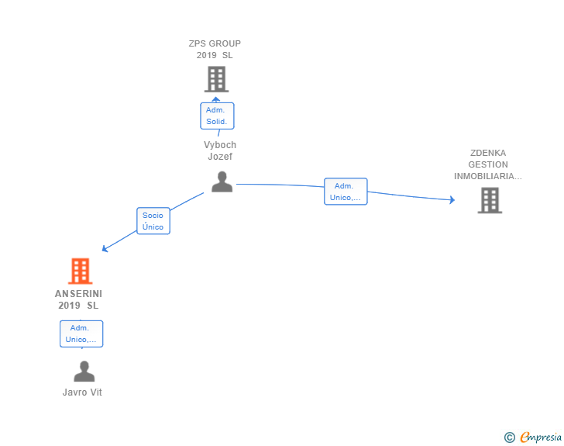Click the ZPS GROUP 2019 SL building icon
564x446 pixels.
216,79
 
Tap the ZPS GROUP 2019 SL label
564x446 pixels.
215,50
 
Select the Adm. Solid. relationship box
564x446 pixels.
216,116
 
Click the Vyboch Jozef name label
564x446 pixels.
220,150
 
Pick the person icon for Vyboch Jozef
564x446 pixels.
222,182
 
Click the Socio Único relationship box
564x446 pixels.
153,221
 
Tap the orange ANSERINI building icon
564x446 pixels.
80,271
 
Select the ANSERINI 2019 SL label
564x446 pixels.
78,299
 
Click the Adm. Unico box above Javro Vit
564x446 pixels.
81,334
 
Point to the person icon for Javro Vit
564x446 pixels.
84,372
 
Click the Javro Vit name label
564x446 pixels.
82,392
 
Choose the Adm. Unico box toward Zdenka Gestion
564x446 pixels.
346,192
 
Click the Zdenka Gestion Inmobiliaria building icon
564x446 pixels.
489,200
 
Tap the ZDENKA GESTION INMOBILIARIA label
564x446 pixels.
487,164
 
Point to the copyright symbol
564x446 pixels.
509,437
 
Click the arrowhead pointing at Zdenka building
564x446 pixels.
452,200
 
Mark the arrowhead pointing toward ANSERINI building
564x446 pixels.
105,249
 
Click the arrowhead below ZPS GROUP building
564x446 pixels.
217,99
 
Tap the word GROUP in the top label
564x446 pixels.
225,43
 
